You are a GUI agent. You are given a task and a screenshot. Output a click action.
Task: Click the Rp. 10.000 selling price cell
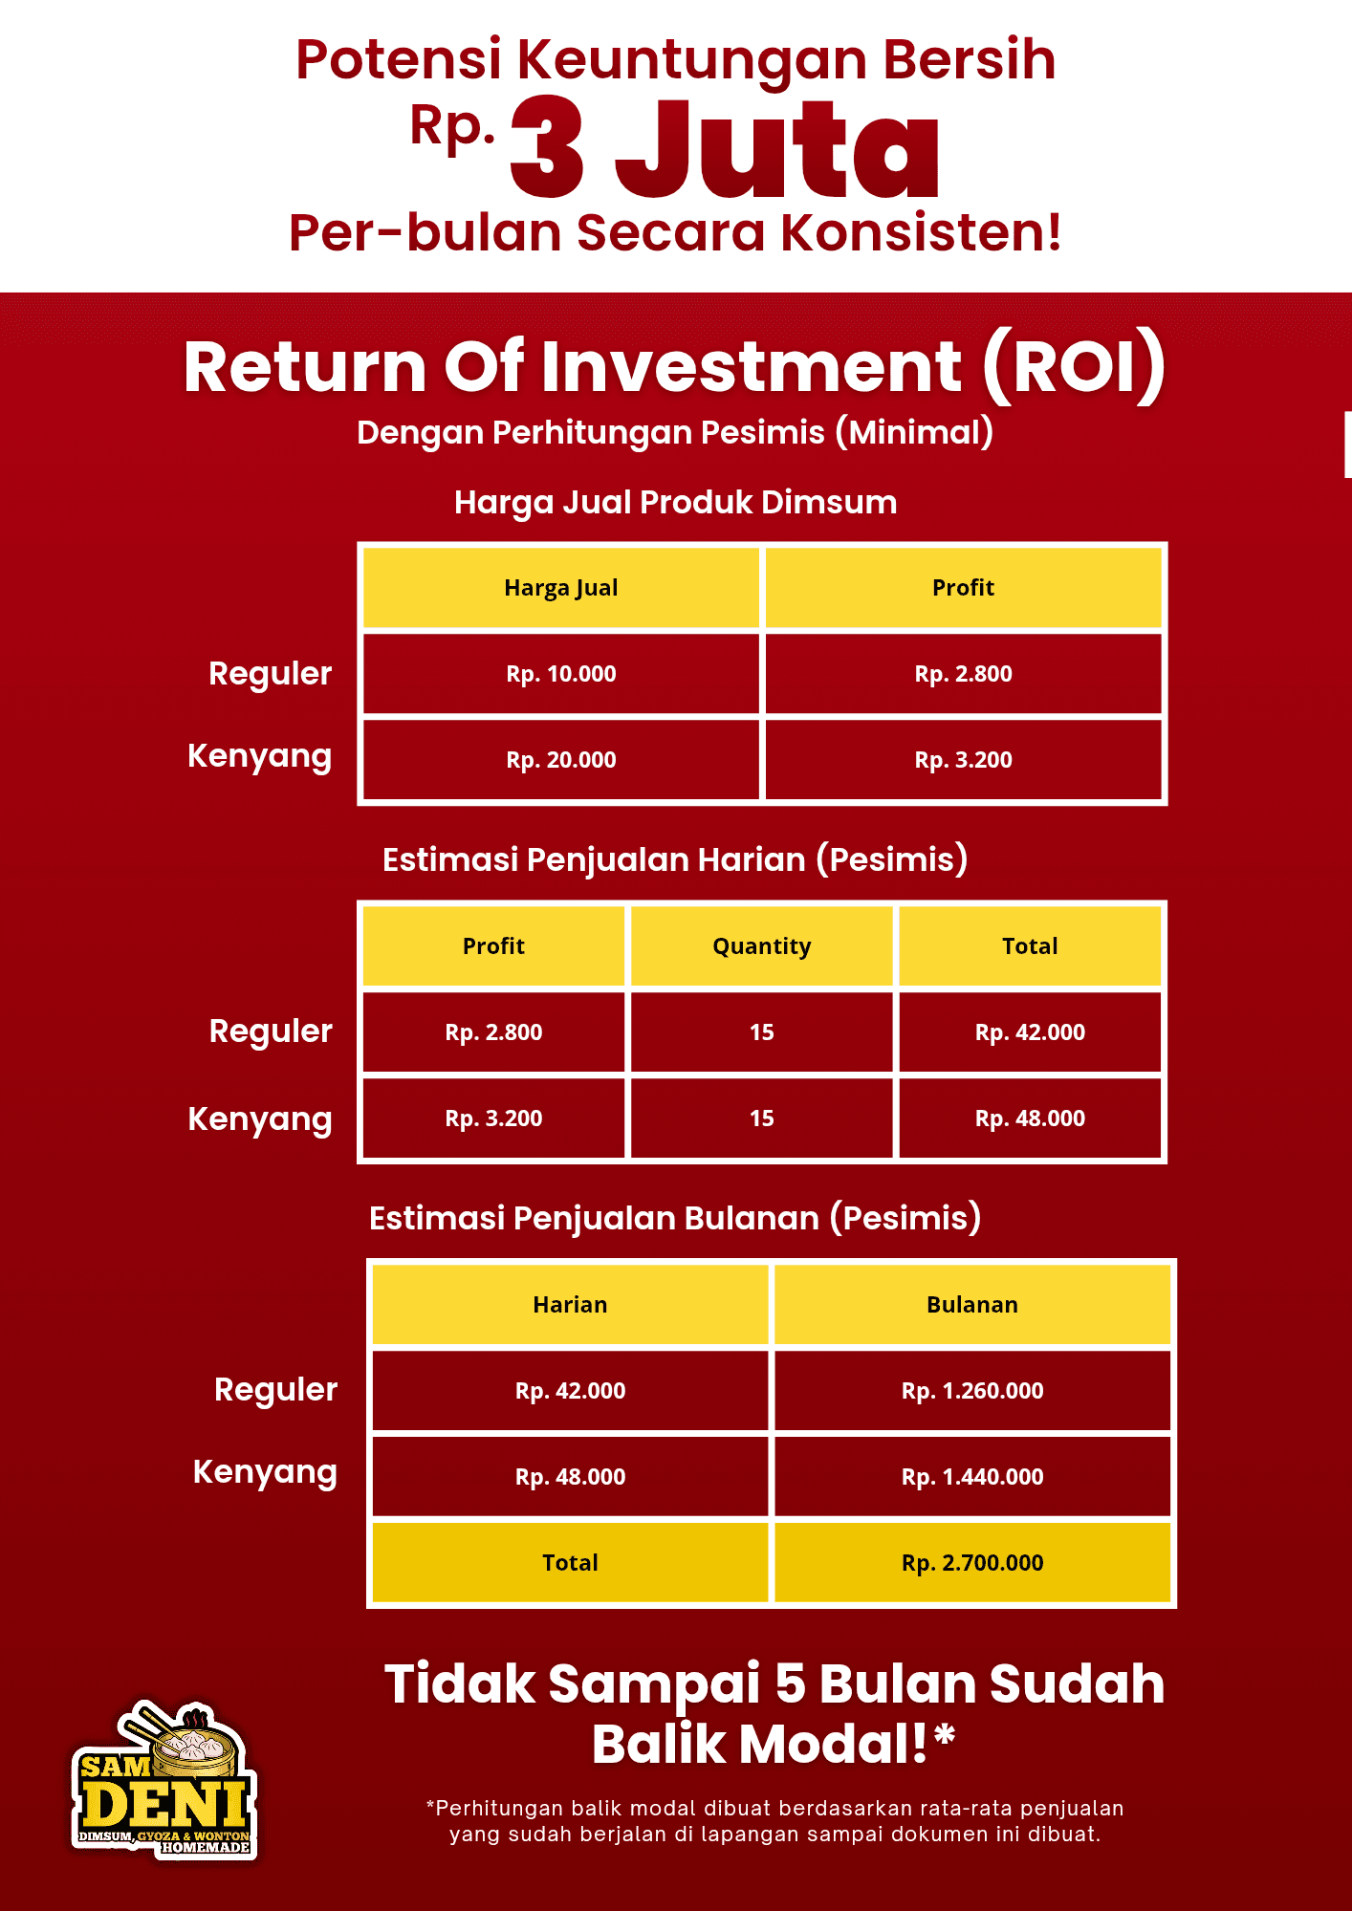point(561,674)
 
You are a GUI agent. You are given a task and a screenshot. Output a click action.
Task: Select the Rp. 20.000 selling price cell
point(561,760)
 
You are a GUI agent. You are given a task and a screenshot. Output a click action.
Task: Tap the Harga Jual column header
point(561,588)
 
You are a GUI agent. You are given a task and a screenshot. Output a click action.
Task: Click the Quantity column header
point(762,946)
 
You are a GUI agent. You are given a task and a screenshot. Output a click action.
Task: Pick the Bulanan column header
point(972,1305)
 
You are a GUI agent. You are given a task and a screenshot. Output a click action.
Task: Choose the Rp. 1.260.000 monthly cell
point(972,1391)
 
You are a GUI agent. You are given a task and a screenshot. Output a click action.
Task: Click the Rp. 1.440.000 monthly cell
point(972,1477)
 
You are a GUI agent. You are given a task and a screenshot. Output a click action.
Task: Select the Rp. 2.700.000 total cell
point(972,1563)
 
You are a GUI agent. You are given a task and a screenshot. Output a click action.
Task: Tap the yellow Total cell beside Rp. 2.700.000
point(570,1563)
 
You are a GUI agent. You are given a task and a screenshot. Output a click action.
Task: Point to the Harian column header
point(570,1305)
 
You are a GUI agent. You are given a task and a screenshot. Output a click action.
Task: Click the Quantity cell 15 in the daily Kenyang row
point(762,1118)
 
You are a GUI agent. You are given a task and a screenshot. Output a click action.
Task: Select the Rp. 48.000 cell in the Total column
point(1030,1118)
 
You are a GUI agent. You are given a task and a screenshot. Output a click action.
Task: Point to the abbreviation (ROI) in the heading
point(1075,366)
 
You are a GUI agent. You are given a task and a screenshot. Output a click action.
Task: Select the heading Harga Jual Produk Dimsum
point(675,503)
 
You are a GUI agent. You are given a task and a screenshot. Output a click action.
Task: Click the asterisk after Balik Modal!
point(945,1734)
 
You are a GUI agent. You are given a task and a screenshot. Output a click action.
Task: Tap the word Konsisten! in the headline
point(921,232)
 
